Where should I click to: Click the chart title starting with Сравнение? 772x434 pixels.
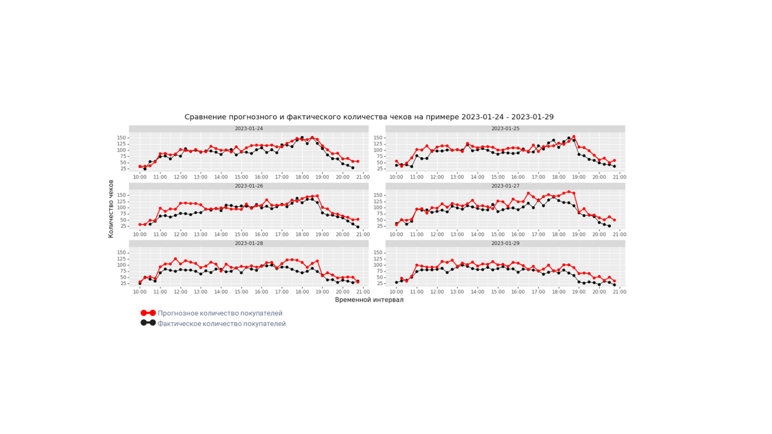(369, 117)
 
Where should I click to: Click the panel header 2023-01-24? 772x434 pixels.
(248, 129)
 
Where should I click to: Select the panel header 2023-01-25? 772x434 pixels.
(505, 129)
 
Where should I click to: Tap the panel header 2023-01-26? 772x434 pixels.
(248, 186)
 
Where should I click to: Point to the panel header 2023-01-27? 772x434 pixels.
(505, 186)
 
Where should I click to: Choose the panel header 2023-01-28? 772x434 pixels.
(248, 244)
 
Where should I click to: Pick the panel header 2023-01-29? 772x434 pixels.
(505, 244)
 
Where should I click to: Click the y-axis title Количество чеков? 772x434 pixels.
(111, 209)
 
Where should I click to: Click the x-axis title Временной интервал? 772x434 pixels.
(369, 300)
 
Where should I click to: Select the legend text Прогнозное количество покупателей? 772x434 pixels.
(220, 313)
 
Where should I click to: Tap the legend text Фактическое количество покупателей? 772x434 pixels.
(222, 323)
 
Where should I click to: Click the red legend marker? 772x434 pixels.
(148, 313)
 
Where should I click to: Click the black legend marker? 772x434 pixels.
(148, 323)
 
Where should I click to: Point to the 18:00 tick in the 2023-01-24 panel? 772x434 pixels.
(302, 177)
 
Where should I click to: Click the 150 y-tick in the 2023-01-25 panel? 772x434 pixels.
(378, 138)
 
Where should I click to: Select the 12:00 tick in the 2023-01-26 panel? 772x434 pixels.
(180, 235)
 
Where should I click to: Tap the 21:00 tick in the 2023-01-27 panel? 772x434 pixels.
(619, 235)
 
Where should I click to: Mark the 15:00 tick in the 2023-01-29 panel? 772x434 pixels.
(497, 292)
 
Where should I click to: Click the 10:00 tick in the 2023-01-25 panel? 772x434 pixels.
(396, 177)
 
